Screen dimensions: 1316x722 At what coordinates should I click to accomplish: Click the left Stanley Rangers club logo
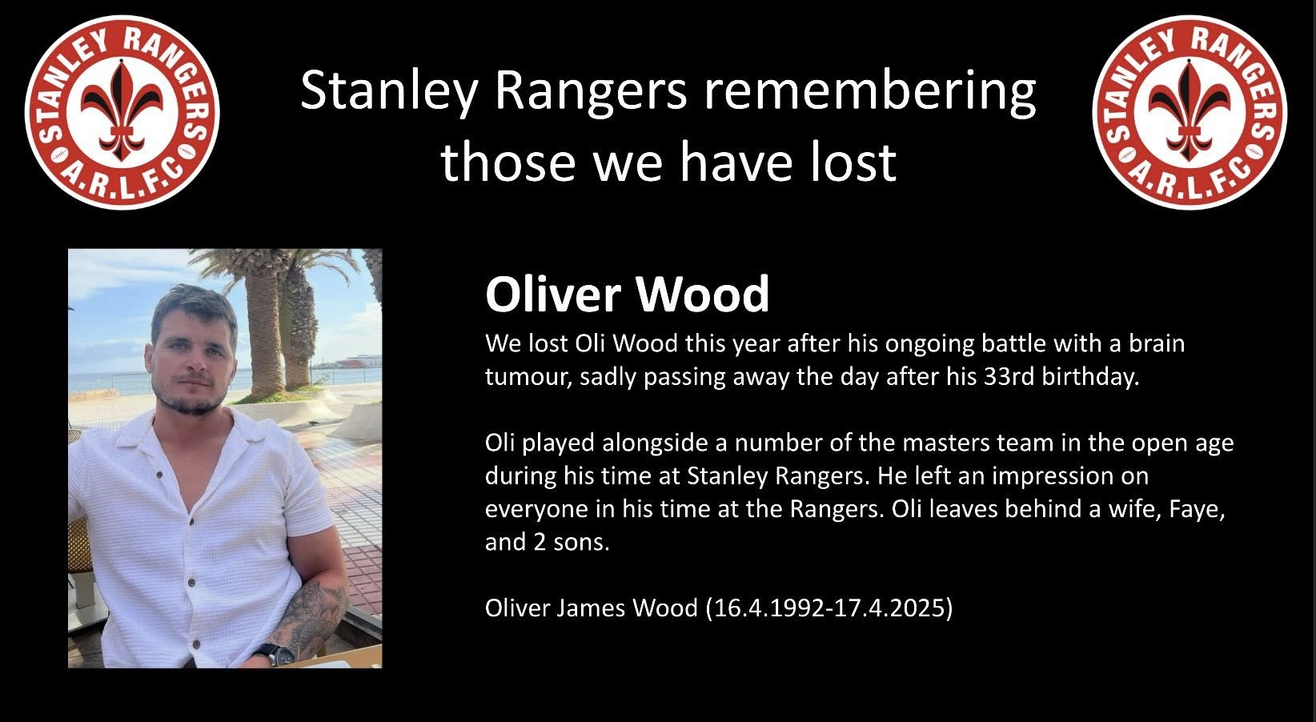[122, 112]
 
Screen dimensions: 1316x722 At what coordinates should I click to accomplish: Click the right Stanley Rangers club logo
[1190, 112]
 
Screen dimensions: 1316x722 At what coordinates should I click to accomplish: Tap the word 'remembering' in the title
[870, 91]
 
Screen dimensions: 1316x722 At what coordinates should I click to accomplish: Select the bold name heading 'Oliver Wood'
[627, 294]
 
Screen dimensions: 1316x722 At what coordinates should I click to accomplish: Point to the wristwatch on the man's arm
[275, 653]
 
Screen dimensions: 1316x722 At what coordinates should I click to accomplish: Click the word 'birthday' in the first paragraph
[1090, 377]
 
